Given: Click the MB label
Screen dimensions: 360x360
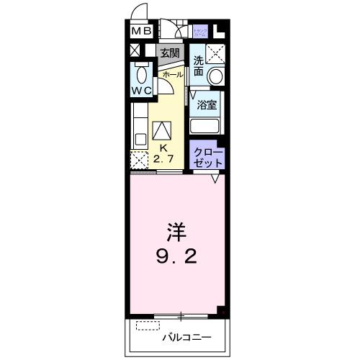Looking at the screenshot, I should click(x=141, y=32).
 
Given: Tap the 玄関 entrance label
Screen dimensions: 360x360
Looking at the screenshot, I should click(x=170, y=53).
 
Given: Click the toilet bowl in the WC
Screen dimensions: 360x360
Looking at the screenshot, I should click(x=141, y=75).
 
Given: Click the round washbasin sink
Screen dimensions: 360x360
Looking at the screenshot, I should click(x=215, y=76).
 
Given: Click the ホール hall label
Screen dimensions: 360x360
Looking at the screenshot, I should click(x=172, y=74).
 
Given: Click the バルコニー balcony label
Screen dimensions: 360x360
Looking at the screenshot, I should click(x=186, y=336).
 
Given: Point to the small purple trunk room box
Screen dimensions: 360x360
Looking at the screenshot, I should click(x=201, y=32).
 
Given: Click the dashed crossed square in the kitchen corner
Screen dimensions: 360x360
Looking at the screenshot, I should click(x=138, y=161).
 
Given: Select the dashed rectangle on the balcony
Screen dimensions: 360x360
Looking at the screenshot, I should click(x=147, y=325).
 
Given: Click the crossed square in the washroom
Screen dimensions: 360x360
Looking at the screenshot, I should click(x=215, y=53).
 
